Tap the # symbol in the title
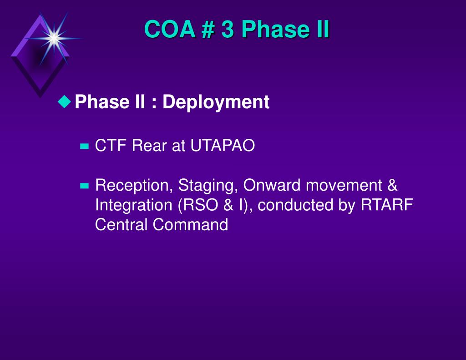point(208,30)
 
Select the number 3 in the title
point(228,30)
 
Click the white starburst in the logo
point(54,39)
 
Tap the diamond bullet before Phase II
point(65,101)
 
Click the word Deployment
point(216,102)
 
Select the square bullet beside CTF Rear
point(84,146)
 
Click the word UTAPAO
point(223,146)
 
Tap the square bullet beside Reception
point(84,186)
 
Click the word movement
point(344,185)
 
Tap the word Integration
point(134,205)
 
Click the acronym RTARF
point(387,204)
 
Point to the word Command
point(191,224)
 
